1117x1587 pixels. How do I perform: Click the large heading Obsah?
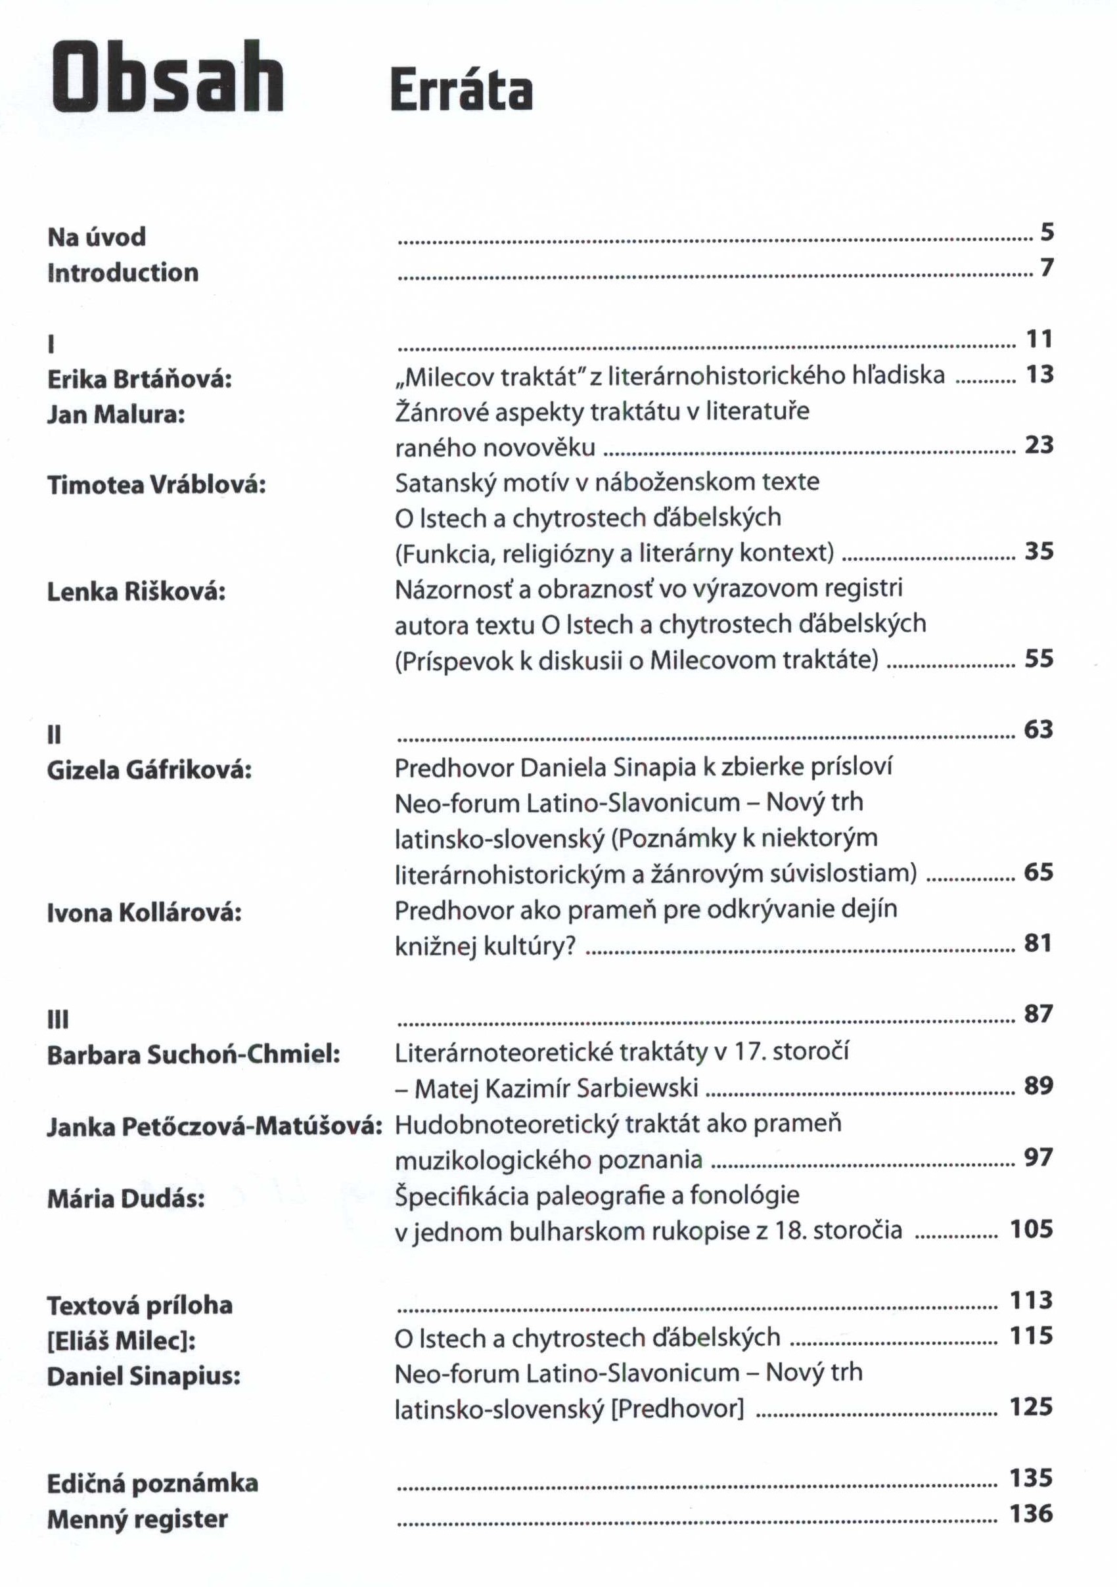click(168, 78)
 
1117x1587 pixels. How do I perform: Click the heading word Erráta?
click(461, 90)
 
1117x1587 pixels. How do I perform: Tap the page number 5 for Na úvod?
click(1047, 232)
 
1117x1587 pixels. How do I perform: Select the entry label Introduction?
click(123, 272)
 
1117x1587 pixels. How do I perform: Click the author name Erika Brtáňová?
click(139, 379)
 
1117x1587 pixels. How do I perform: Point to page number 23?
click(1039, 444)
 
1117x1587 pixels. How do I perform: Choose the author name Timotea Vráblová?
click(156, 484)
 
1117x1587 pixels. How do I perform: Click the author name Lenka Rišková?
click(136, 591)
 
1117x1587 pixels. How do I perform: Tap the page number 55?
click(1039, 658)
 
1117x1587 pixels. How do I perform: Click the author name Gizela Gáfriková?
click(148, 770)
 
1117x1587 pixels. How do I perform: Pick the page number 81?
click(1038, 943)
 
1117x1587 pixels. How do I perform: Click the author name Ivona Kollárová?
click(144, 912)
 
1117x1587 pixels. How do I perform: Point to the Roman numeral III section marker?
click(57, 1019)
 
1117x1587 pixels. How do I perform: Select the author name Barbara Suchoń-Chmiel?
click(194, 1055)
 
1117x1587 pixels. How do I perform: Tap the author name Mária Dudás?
click(125, 1198)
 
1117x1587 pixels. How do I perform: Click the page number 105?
click(1032, 1229)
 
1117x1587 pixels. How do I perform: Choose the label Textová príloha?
click(139, 1305)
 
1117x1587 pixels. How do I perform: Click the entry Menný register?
click(137, 1519)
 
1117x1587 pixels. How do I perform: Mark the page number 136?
click(1032, 1513)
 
